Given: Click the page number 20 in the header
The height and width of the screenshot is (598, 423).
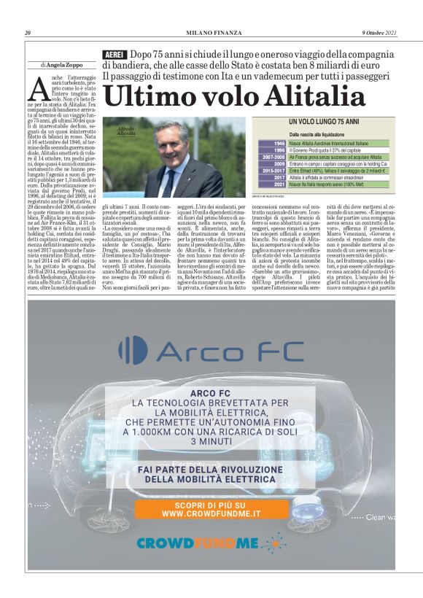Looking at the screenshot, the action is coord(28,33).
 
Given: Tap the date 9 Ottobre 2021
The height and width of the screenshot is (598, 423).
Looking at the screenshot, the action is coord(379,33).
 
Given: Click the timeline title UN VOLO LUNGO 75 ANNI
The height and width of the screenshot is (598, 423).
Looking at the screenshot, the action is coord(323,121).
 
